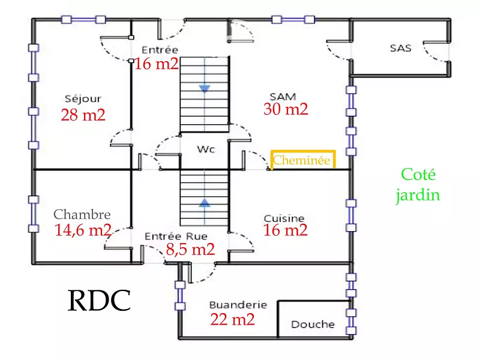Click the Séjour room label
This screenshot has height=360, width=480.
pos(83,98)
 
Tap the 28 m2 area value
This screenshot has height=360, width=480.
pos(83,115)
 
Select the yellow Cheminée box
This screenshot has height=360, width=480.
pos(302,161)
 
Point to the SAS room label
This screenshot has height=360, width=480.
pos(400,48)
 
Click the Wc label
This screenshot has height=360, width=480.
pos(206,148)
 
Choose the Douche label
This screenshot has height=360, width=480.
pos(313,324)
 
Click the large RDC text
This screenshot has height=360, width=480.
pos(99,301)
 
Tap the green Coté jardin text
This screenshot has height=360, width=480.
pos(420,185)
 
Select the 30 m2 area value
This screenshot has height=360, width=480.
pos(286,109)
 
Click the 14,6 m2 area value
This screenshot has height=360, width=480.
pos(83,230)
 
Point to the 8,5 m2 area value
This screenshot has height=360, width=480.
pos(190,250)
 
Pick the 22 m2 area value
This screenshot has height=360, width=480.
pos(232,319)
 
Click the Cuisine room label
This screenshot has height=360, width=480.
pos(284,218)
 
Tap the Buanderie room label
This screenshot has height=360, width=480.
pos(238,305)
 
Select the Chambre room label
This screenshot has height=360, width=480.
pos(82,214)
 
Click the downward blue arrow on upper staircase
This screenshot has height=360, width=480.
pos(205,89)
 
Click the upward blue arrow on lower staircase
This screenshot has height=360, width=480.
pos(205,203)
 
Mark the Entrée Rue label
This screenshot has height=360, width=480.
pos(176,236)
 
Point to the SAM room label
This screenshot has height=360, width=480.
pos(284,96)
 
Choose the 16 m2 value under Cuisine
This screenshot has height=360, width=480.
pos(286,230)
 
